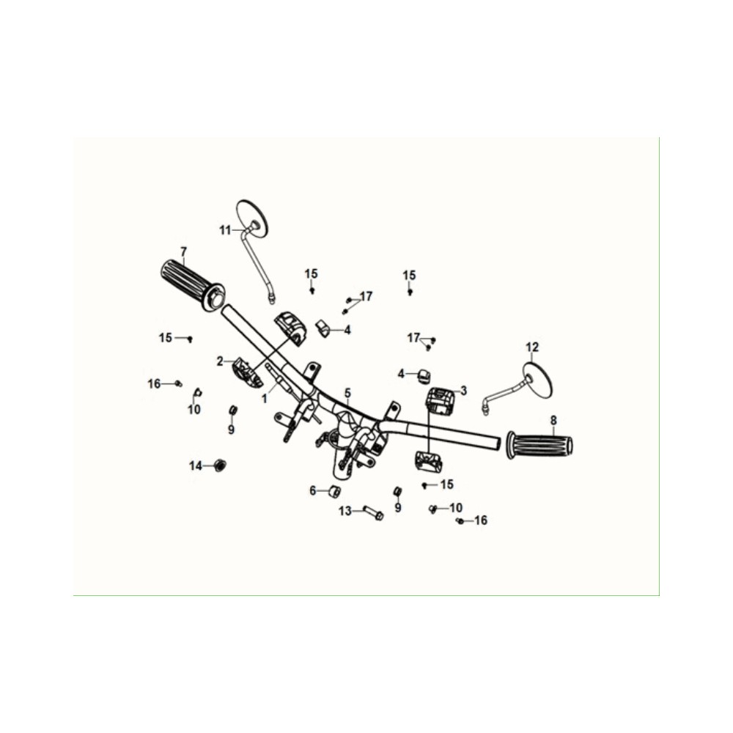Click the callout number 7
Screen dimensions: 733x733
click(183, 252)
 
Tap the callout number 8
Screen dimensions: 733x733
click(553, 420)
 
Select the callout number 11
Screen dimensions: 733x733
click(225, 230)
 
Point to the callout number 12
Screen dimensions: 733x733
click(532, 347)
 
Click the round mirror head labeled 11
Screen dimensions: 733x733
click(251, 218)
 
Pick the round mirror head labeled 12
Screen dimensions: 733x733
click(538, 380)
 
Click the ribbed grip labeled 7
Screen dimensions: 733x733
click(192, 284)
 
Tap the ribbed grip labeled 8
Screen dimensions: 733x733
click(539, 445)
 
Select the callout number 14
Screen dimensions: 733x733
click(196, 466)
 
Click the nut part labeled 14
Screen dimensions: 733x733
click(218, 465)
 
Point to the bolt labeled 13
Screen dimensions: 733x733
click(374, 513)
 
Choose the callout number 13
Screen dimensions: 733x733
click(345, 512)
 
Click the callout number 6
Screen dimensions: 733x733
click(313, 491)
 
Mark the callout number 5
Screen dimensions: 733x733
click(347, 393)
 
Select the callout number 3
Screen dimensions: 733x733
click(463, 391)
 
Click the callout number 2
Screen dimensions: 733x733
click(220, 361)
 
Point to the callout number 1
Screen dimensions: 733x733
click(265, 399)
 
